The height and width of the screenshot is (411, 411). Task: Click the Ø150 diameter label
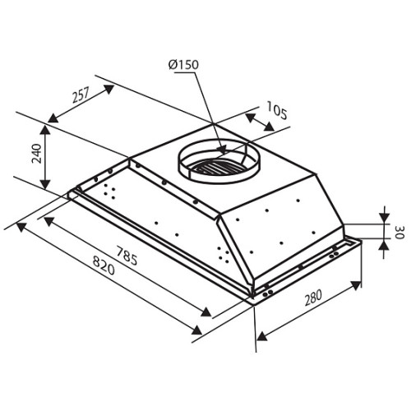(x=183, y=65)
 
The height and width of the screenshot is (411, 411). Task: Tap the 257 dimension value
(x=81, y=95)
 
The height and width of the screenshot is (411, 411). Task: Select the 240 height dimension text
(x=37, y=154)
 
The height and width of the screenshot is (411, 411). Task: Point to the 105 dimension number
(x=277, y=110)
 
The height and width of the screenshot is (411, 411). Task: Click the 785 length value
(x=127, y=256)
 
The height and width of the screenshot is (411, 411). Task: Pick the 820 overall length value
(x=104, y=266)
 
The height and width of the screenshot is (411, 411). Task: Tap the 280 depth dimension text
(x=313, y=298)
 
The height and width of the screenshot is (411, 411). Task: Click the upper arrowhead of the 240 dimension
(x=45, y=130)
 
